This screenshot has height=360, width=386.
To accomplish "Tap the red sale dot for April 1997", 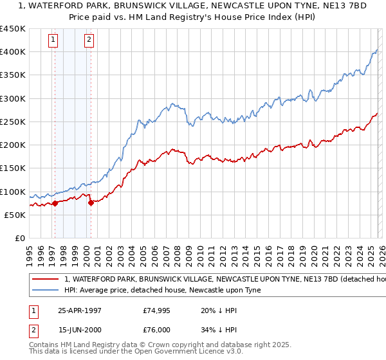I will pyautogui.click(x=55, y=203).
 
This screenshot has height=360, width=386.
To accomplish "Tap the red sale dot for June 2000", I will pyautogui.click(x=91, y=203).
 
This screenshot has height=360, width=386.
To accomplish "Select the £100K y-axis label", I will pyautogui.click(x=13, y=192).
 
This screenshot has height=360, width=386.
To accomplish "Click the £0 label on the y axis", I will pyautogui.click(x=19, y=239).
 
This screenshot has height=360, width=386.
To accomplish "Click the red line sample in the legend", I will pyautogui.click(x=45, y=280).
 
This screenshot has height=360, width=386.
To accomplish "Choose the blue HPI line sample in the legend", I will pyautogui.click(x=45, y=291).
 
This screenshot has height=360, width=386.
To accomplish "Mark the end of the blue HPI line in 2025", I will pyautogui.click(x=377, y=50).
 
